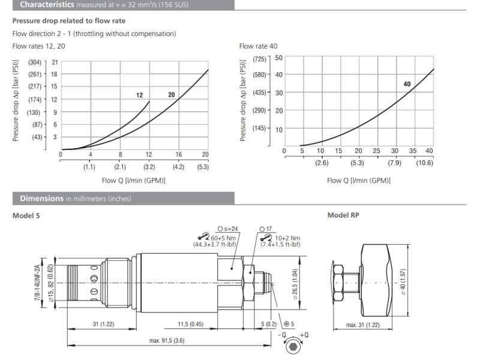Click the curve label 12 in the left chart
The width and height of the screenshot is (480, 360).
139,95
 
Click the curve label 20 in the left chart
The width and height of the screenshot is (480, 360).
171,95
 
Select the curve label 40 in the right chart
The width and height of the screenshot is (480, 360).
407,85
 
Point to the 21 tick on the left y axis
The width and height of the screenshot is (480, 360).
55,62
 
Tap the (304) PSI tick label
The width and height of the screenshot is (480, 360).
34,62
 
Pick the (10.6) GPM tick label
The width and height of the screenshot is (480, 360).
425,163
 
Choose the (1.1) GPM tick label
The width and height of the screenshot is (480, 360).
90,167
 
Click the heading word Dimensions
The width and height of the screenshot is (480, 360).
41,198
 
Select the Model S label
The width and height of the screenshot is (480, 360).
26,215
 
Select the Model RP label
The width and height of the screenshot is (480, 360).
343,215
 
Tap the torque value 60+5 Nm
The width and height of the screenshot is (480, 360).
221,238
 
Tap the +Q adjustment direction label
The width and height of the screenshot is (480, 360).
304,335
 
